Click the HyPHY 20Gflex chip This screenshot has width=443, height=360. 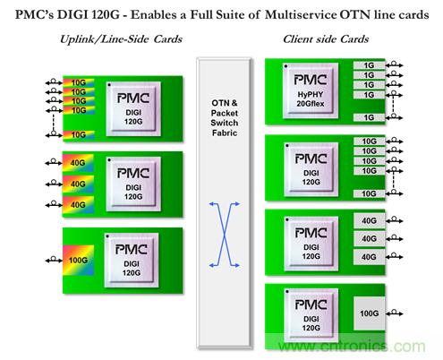click(x=311, y=90)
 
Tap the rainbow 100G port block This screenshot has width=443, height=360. click(x=78, y=261)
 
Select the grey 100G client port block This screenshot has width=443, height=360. click(x=369, y=313)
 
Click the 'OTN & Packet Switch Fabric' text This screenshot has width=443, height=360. click(x=225, y=118)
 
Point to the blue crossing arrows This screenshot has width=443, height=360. click(x=225, y=235)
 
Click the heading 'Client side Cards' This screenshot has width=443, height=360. click(x=326, y=39)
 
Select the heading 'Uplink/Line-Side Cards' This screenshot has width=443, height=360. click(x=121, y=39)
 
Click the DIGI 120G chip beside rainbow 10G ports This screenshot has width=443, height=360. click(x=133, y=109)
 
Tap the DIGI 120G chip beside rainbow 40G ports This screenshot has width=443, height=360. click(x=133, y=184)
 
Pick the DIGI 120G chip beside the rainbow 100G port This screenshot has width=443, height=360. click(x=132, y=261)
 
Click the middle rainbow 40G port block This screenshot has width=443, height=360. click(x=78, y=184)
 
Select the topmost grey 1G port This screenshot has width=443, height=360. click(x=369, y=65)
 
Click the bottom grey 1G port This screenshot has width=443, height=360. click(x=369, y=117)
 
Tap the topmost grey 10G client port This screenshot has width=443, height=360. click(x=369, y=141)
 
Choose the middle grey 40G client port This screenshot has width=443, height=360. click(x=369, y=239)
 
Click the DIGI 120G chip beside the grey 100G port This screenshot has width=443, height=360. click(x=311, y=315)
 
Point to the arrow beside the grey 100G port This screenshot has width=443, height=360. click(x=395, y=313)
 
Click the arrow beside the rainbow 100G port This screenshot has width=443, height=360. click(x=54, y=260)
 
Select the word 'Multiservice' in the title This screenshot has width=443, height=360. click(x=301, y=14)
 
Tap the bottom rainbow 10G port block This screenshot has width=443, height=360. click(x=79, y=135)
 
